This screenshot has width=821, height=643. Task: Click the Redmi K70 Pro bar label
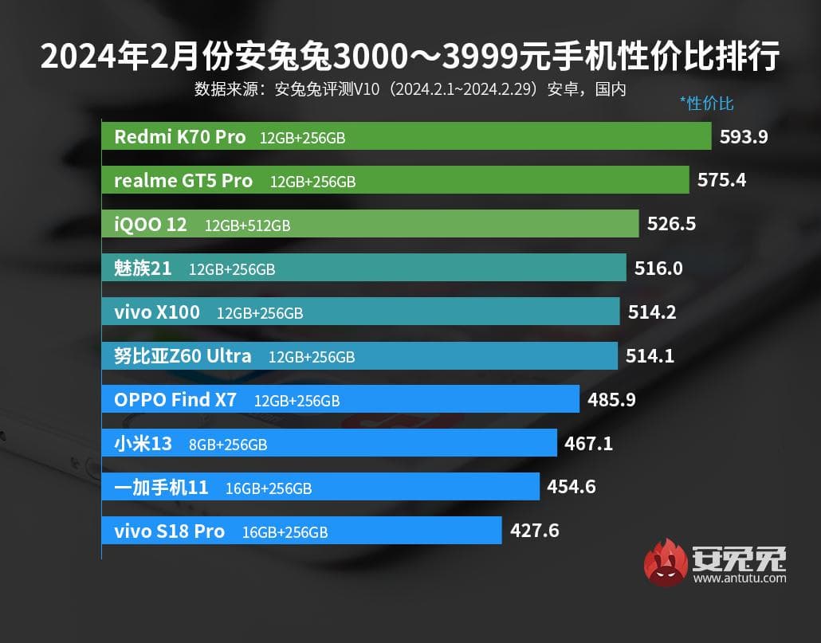[x=180, y=136]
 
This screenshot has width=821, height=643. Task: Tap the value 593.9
[x=744, y=136]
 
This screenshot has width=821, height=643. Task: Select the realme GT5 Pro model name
[x=183, y=181]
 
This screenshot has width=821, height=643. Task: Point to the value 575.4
[x=721, y=180]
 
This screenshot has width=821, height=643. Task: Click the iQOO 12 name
[x=151, y=225]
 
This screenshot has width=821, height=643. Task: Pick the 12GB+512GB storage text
[x=248, y=225]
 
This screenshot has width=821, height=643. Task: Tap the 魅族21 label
[x=143, y=269]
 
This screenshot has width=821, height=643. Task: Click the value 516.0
[x=658, y=269]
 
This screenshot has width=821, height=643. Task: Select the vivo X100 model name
[x=157, y=312]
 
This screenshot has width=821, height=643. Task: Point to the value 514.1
[x=650, y=356]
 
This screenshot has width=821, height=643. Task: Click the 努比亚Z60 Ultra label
[x=183, y=356]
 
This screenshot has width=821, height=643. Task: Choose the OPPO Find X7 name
[x=175, y=400]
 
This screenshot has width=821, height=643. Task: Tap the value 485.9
[x=611, y=400]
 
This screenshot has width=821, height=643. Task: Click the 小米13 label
[x=143, y=444]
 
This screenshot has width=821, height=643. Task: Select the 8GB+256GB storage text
[x=228, y=445]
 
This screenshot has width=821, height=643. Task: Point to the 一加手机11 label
[x=161, y=488]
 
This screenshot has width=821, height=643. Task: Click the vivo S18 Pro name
[x=169, y=531]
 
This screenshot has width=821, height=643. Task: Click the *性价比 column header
[x=706, y=103]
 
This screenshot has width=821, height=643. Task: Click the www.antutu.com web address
[x=739, y=578]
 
